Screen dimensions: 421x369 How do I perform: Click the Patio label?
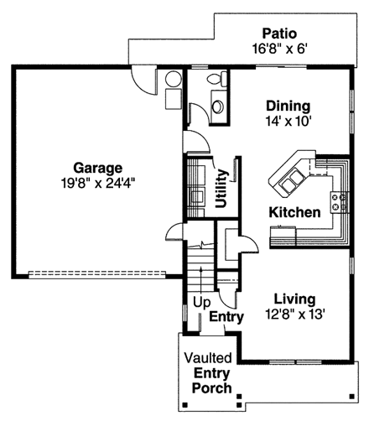click(x=277, y=33)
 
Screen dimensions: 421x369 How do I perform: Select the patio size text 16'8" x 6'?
click(x=277, y=48)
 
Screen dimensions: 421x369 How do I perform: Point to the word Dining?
click(x=288, y=107)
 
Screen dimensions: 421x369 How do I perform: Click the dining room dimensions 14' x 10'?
click(x=288, y=121)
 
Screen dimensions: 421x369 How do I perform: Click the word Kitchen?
click(x=294, y=212)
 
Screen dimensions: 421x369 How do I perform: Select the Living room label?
click(x=294, y=299)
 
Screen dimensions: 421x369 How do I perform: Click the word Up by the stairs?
click(x=201, y=302)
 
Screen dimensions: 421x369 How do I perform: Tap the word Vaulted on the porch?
click(x=210, y=357)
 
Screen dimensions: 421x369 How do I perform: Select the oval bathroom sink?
click(x=218, y=107)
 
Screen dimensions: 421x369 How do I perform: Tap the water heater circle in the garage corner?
click(x=174, y=81)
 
